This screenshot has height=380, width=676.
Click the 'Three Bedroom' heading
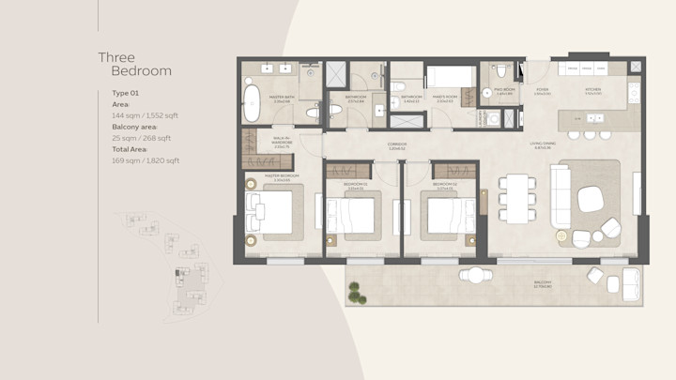pos(135,64)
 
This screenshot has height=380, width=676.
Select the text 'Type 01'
pos(126,94)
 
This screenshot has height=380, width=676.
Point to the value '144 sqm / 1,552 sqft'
pos(145,115)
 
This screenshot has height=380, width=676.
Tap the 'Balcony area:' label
pos(135,127)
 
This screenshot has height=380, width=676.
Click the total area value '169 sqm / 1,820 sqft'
pos(146,160)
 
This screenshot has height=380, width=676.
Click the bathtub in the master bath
pos(252,104)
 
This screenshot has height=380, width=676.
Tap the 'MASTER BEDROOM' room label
pos(281,175)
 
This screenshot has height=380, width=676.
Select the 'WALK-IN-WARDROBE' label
pos(281,143)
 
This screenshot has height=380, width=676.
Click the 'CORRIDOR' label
pos(397,145)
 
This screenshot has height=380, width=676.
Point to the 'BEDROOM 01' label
pos(355,186)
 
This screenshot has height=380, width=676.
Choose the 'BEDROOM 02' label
pos(444,186)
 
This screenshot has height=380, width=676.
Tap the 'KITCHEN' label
pos(592,91)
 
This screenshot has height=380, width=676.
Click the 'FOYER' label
pos(542,91)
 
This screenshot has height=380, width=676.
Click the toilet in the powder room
pos(503,71)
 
